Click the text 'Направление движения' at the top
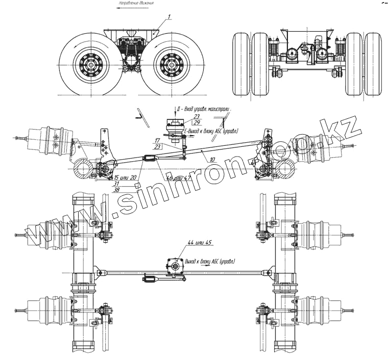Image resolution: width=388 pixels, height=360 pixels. point(136,3)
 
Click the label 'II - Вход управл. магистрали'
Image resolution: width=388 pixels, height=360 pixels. point(204,109)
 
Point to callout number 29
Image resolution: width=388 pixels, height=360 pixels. point(196,123)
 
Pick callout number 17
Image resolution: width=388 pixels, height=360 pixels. point(157,140)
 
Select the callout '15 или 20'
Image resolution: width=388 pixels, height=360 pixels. point(126,177)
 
